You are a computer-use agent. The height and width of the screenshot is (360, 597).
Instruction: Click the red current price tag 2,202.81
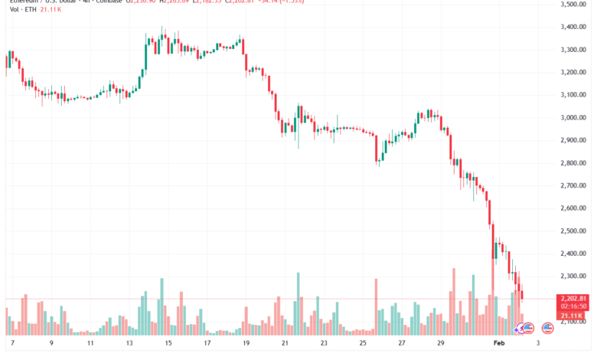click(573, 298)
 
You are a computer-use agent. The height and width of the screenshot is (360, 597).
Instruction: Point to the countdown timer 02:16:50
click(573, 306)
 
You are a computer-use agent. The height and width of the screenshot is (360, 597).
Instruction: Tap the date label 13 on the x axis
click(130, 345)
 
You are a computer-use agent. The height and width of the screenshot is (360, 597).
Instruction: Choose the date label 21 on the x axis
click(284, 345)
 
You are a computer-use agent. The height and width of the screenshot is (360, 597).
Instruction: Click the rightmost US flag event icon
click(547, 328)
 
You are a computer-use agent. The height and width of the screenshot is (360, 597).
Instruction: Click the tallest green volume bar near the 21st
click(298, 303)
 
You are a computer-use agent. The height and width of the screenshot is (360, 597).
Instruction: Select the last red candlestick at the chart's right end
click(523, 294)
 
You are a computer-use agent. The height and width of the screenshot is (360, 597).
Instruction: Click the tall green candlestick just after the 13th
click(145, 54)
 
